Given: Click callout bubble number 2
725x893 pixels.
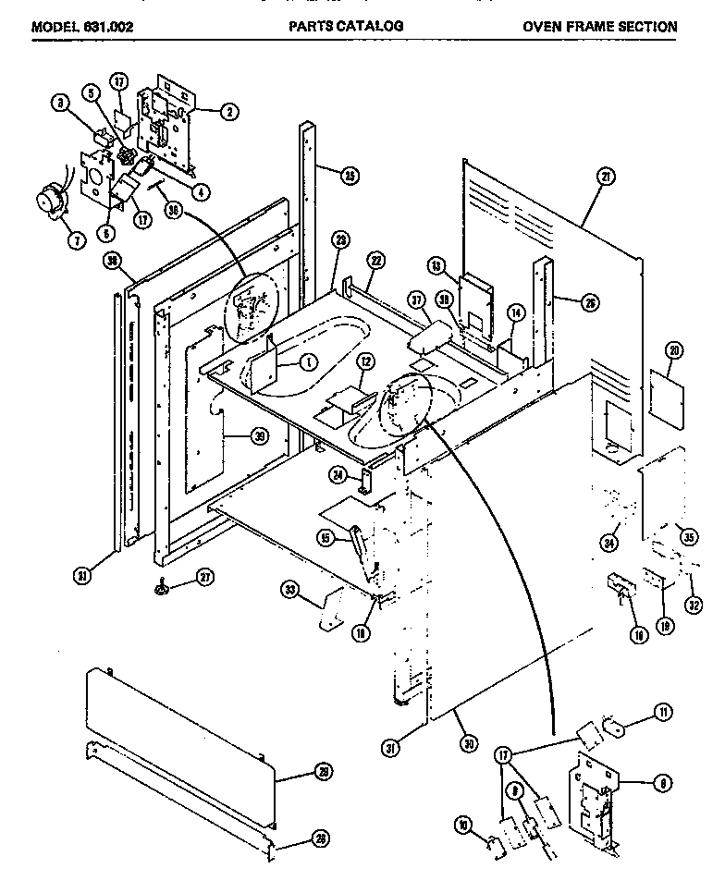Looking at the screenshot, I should click(230, 112).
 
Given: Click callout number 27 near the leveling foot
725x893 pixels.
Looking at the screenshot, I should click(204, 580).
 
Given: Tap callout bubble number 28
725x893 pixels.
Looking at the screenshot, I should click(320, 838).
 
